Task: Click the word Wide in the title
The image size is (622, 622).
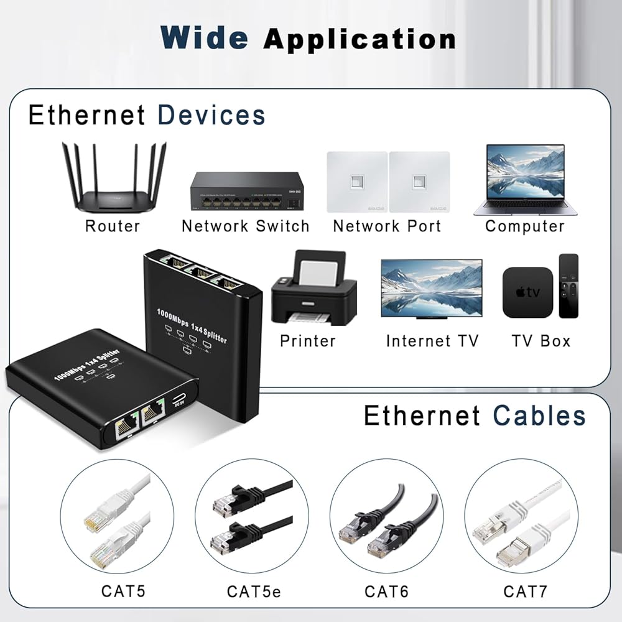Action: coord(205,38)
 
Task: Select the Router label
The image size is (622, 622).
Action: coord(113,226)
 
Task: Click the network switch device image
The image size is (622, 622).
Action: coord(247,192)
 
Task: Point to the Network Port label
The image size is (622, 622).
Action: coord(387,226)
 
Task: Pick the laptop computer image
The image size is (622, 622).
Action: coord(526,180)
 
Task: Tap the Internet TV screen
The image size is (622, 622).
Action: coord(431,288)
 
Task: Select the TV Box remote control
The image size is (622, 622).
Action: coord(569,285)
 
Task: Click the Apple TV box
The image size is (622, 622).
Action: coord(527,292)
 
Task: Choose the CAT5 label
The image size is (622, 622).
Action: coord(123,590)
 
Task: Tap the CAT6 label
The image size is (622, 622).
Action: coord(387,591)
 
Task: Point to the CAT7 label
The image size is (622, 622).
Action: coord(525,590)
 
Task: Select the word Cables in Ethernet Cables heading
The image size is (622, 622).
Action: coord(539,416)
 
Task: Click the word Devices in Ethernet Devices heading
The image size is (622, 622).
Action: coord(211,116)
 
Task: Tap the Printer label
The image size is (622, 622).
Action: coord(308,341)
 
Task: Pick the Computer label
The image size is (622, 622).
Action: coord(525,226)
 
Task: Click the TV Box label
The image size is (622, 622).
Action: coord(541,341)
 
